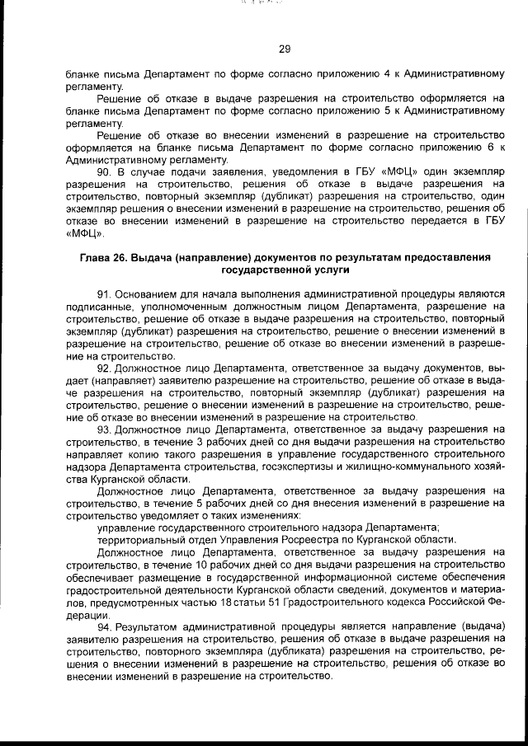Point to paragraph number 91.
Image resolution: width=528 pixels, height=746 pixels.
[105, 294]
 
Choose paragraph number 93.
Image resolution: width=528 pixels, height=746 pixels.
[105, 429]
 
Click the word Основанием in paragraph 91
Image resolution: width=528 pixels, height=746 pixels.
[145, 294]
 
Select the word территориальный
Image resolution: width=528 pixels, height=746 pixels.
[137, 540]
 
